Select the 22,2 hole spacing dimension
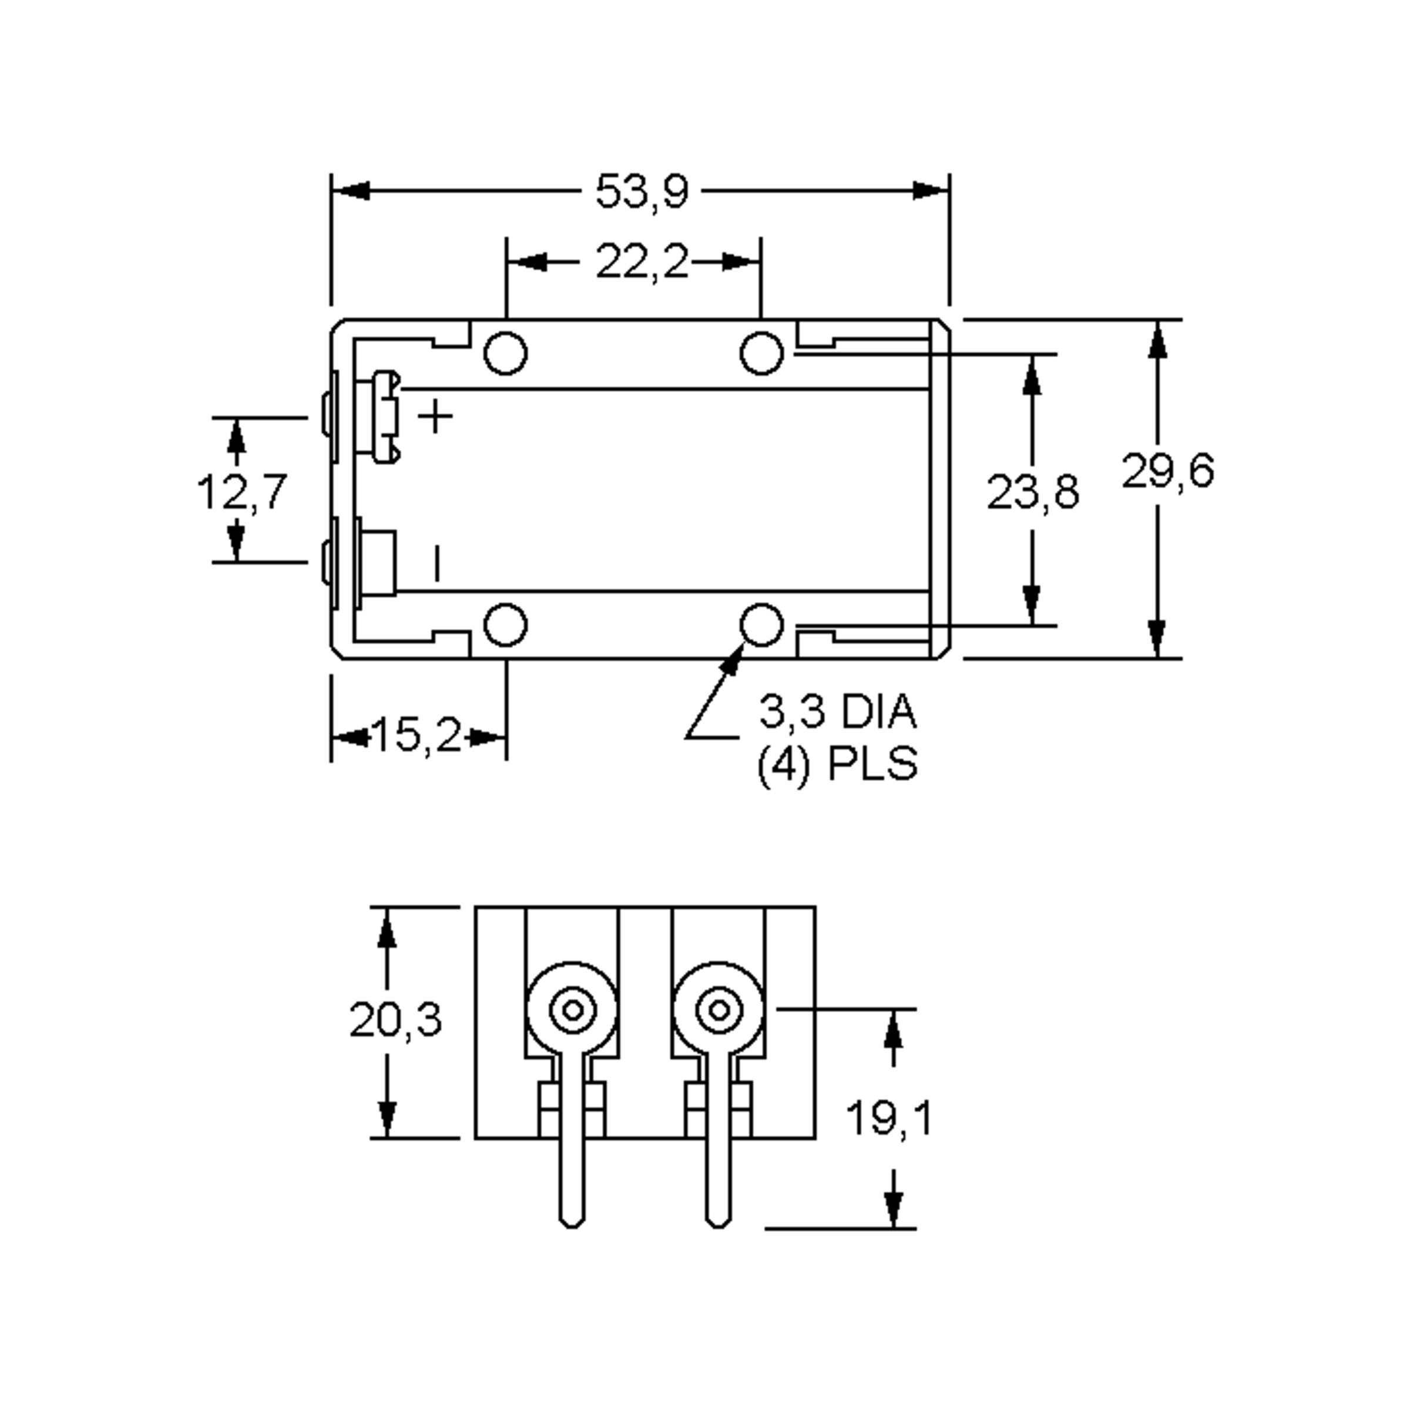pos(642,262)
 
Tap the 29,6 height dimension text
pos(1168,471)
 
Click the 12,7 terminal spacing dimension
pos(242,491)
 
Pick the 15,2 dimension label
pos(418,735)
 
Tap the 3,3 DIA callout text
pos(838,711)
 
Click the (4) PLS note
pos(837,766)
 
